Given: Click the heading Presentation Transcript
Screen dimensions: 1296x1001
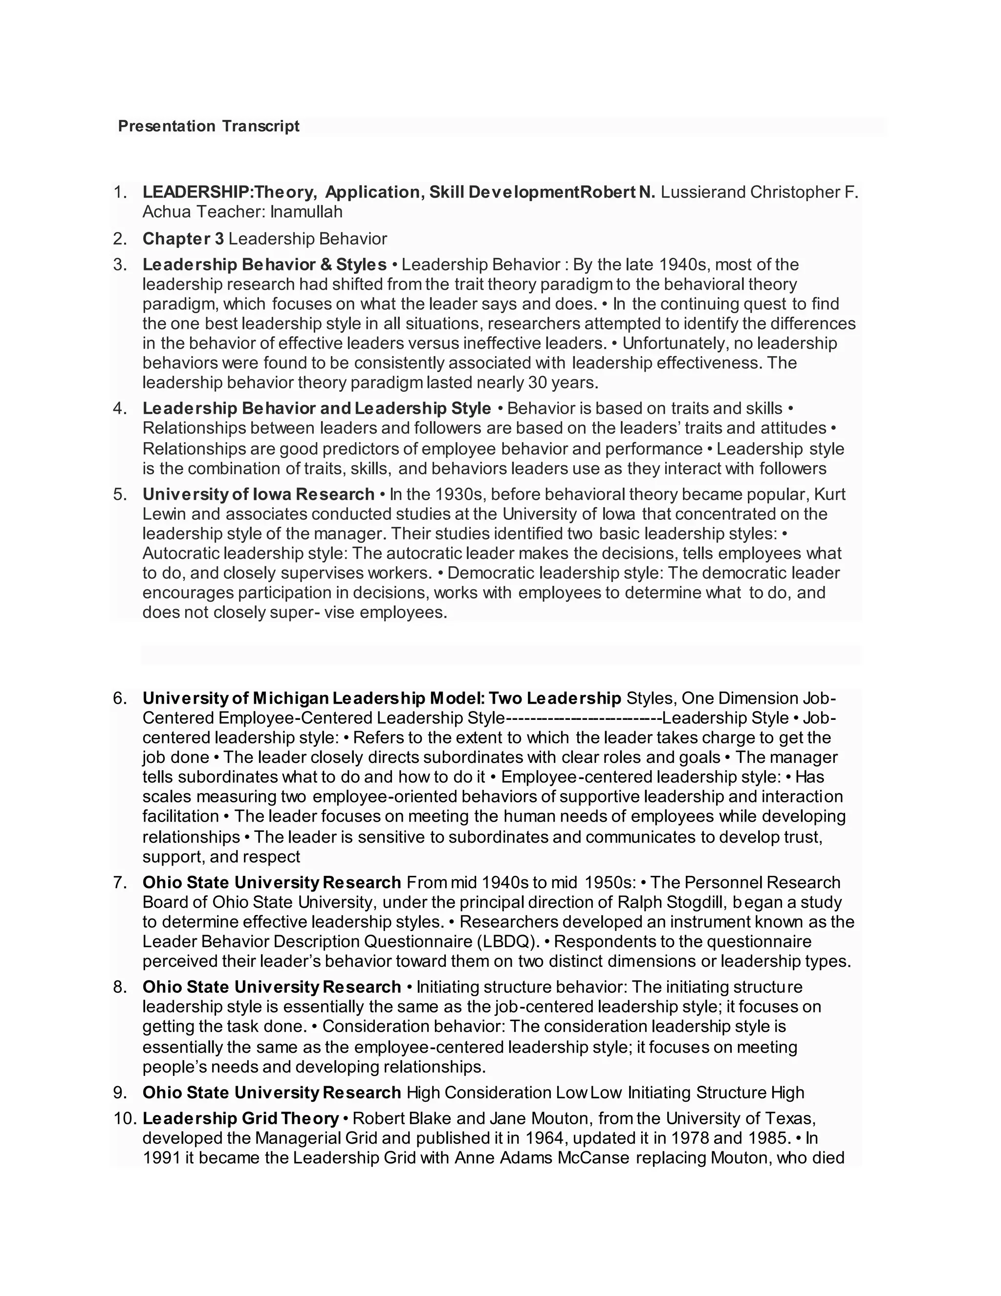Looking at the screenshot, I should [209, 126].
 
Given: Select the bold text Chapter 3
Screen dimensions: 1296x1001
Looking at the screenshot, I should [183, 239].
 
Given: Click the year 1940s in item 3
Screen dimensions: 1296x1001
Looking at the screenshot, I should [686, 264].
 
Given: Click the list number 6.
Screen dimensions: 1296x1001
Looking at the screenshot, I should [120, 698].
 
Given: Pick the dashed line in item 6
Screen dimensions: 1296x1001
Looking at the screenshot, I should [584, 718].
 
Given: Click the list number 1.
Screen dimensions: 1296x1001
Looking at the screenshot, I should [120, 192].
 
